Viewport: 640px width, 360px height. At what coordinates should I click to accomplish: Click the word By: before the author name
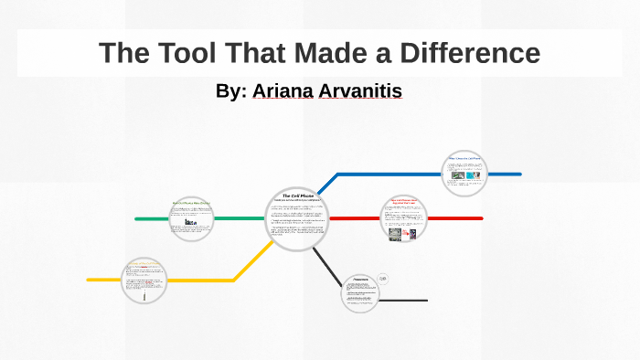[231, 91]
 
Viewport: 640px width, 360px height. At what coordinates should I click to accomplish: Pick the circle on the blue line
[464, 174]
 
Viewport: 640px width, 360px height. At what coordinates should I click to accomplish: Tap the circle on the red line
[403, 219]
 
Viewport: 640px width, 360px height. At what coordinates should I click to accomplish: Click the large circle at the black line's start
[360, 292]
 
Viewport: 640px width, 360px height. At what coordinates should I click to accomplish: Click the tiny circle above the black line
[383, 279]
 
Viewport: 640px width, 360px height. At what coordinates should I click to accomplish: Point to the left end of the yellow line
[89, 280]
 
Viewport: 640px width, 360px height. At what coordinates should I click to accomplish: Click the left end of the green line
[137, 219]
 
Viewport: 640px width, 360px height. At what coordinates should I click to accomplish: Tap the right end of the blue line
[519, 174]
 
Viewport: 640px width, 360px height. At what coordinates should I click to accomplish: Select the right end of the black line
[425, 301]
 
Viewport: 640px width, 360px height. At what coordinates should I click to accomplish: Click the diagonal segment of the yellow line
[249, 263]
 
